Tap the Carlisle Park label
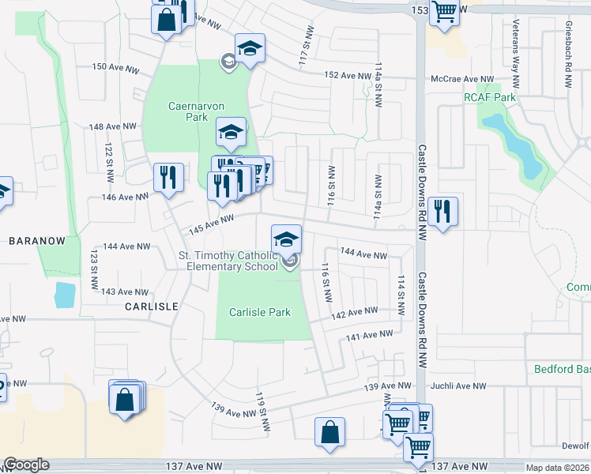[x=260, y=312]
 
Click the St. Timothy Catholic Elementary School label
[x=228, y=261]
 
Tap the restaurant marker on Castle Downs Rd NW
[x=442, y=211]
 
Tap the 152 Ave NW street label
[x=347, y=75]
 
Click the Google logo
[x=26, y=465]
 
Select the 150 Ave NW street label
[x=111, y=67]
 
